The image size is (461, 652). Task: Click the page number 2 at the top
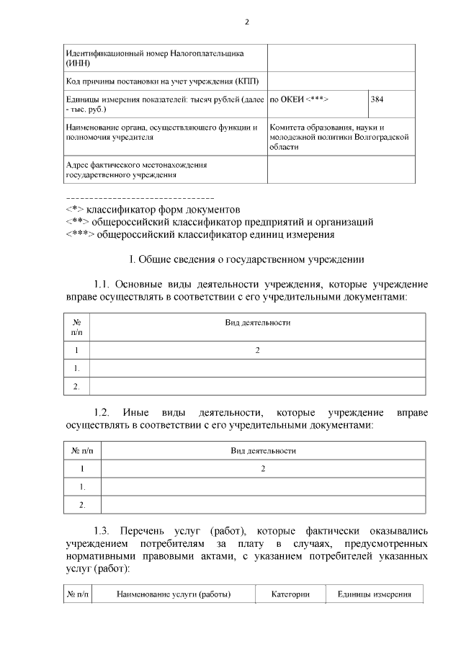(246, 22)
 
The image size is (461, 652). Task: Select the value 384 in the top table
(377, 99)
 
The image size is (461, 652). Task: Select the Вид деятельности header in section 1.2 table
(263, 450)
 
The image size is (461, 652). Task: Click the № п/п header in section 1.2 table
(84, 450)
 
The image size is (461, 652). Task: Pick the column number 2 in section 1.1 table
(257, 350)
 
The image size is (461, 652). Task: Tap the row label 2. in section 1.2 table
(82, 504)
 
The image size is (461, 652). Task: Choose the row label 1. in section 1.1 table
(76, 368)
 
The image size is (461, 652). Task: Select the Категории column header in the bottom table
(290, 594)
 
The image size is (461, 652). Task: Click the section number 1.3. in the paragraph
(104, 530)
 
